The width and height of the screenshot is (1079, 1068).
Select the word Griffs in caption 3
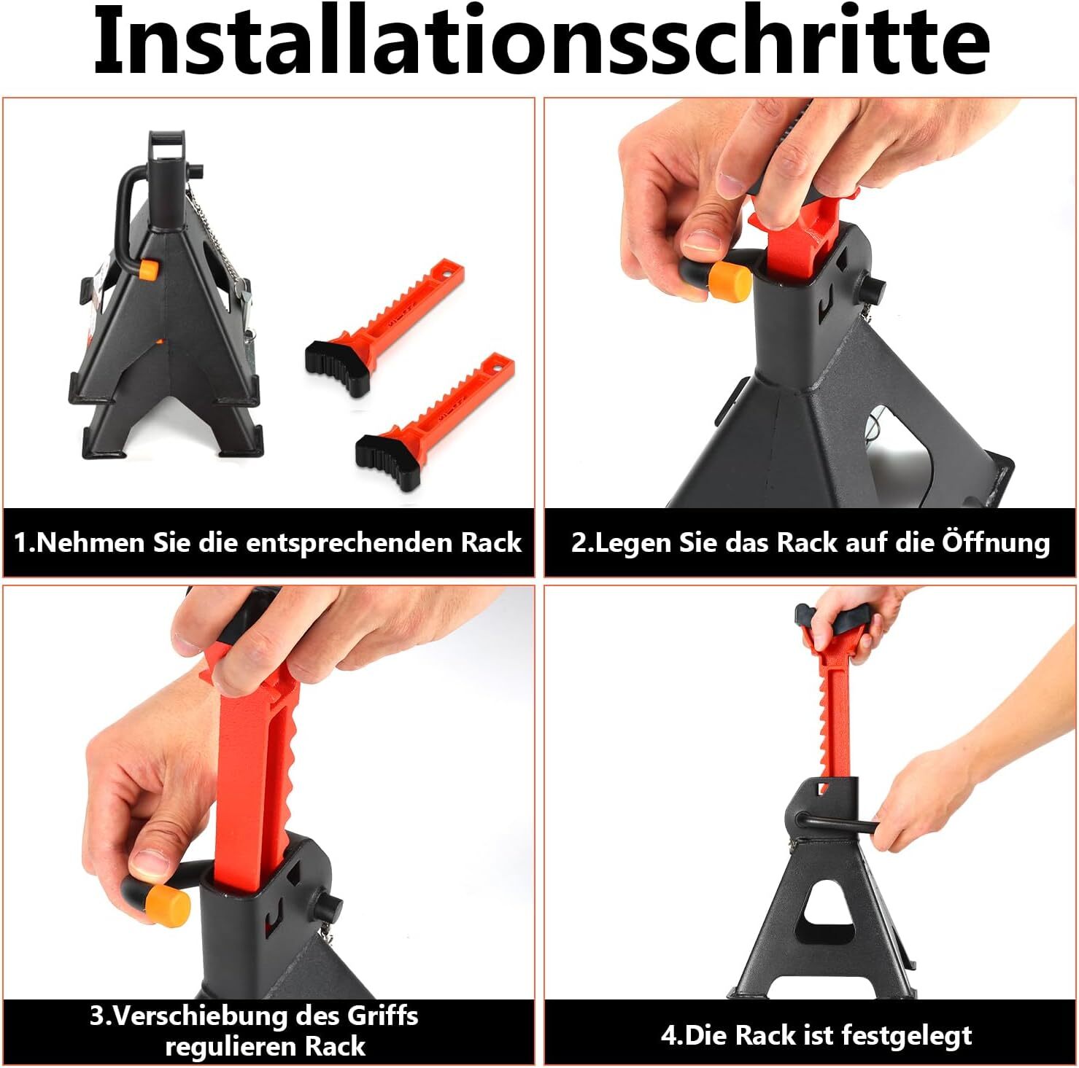(382, 1016)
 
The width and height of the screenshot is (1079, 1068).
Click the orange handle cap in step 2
(730, 280)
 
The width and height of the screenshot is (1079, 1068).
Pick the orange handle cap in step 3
(168, 904)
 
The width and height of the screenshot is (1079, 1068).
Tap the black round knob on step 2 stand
(872, 289)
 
